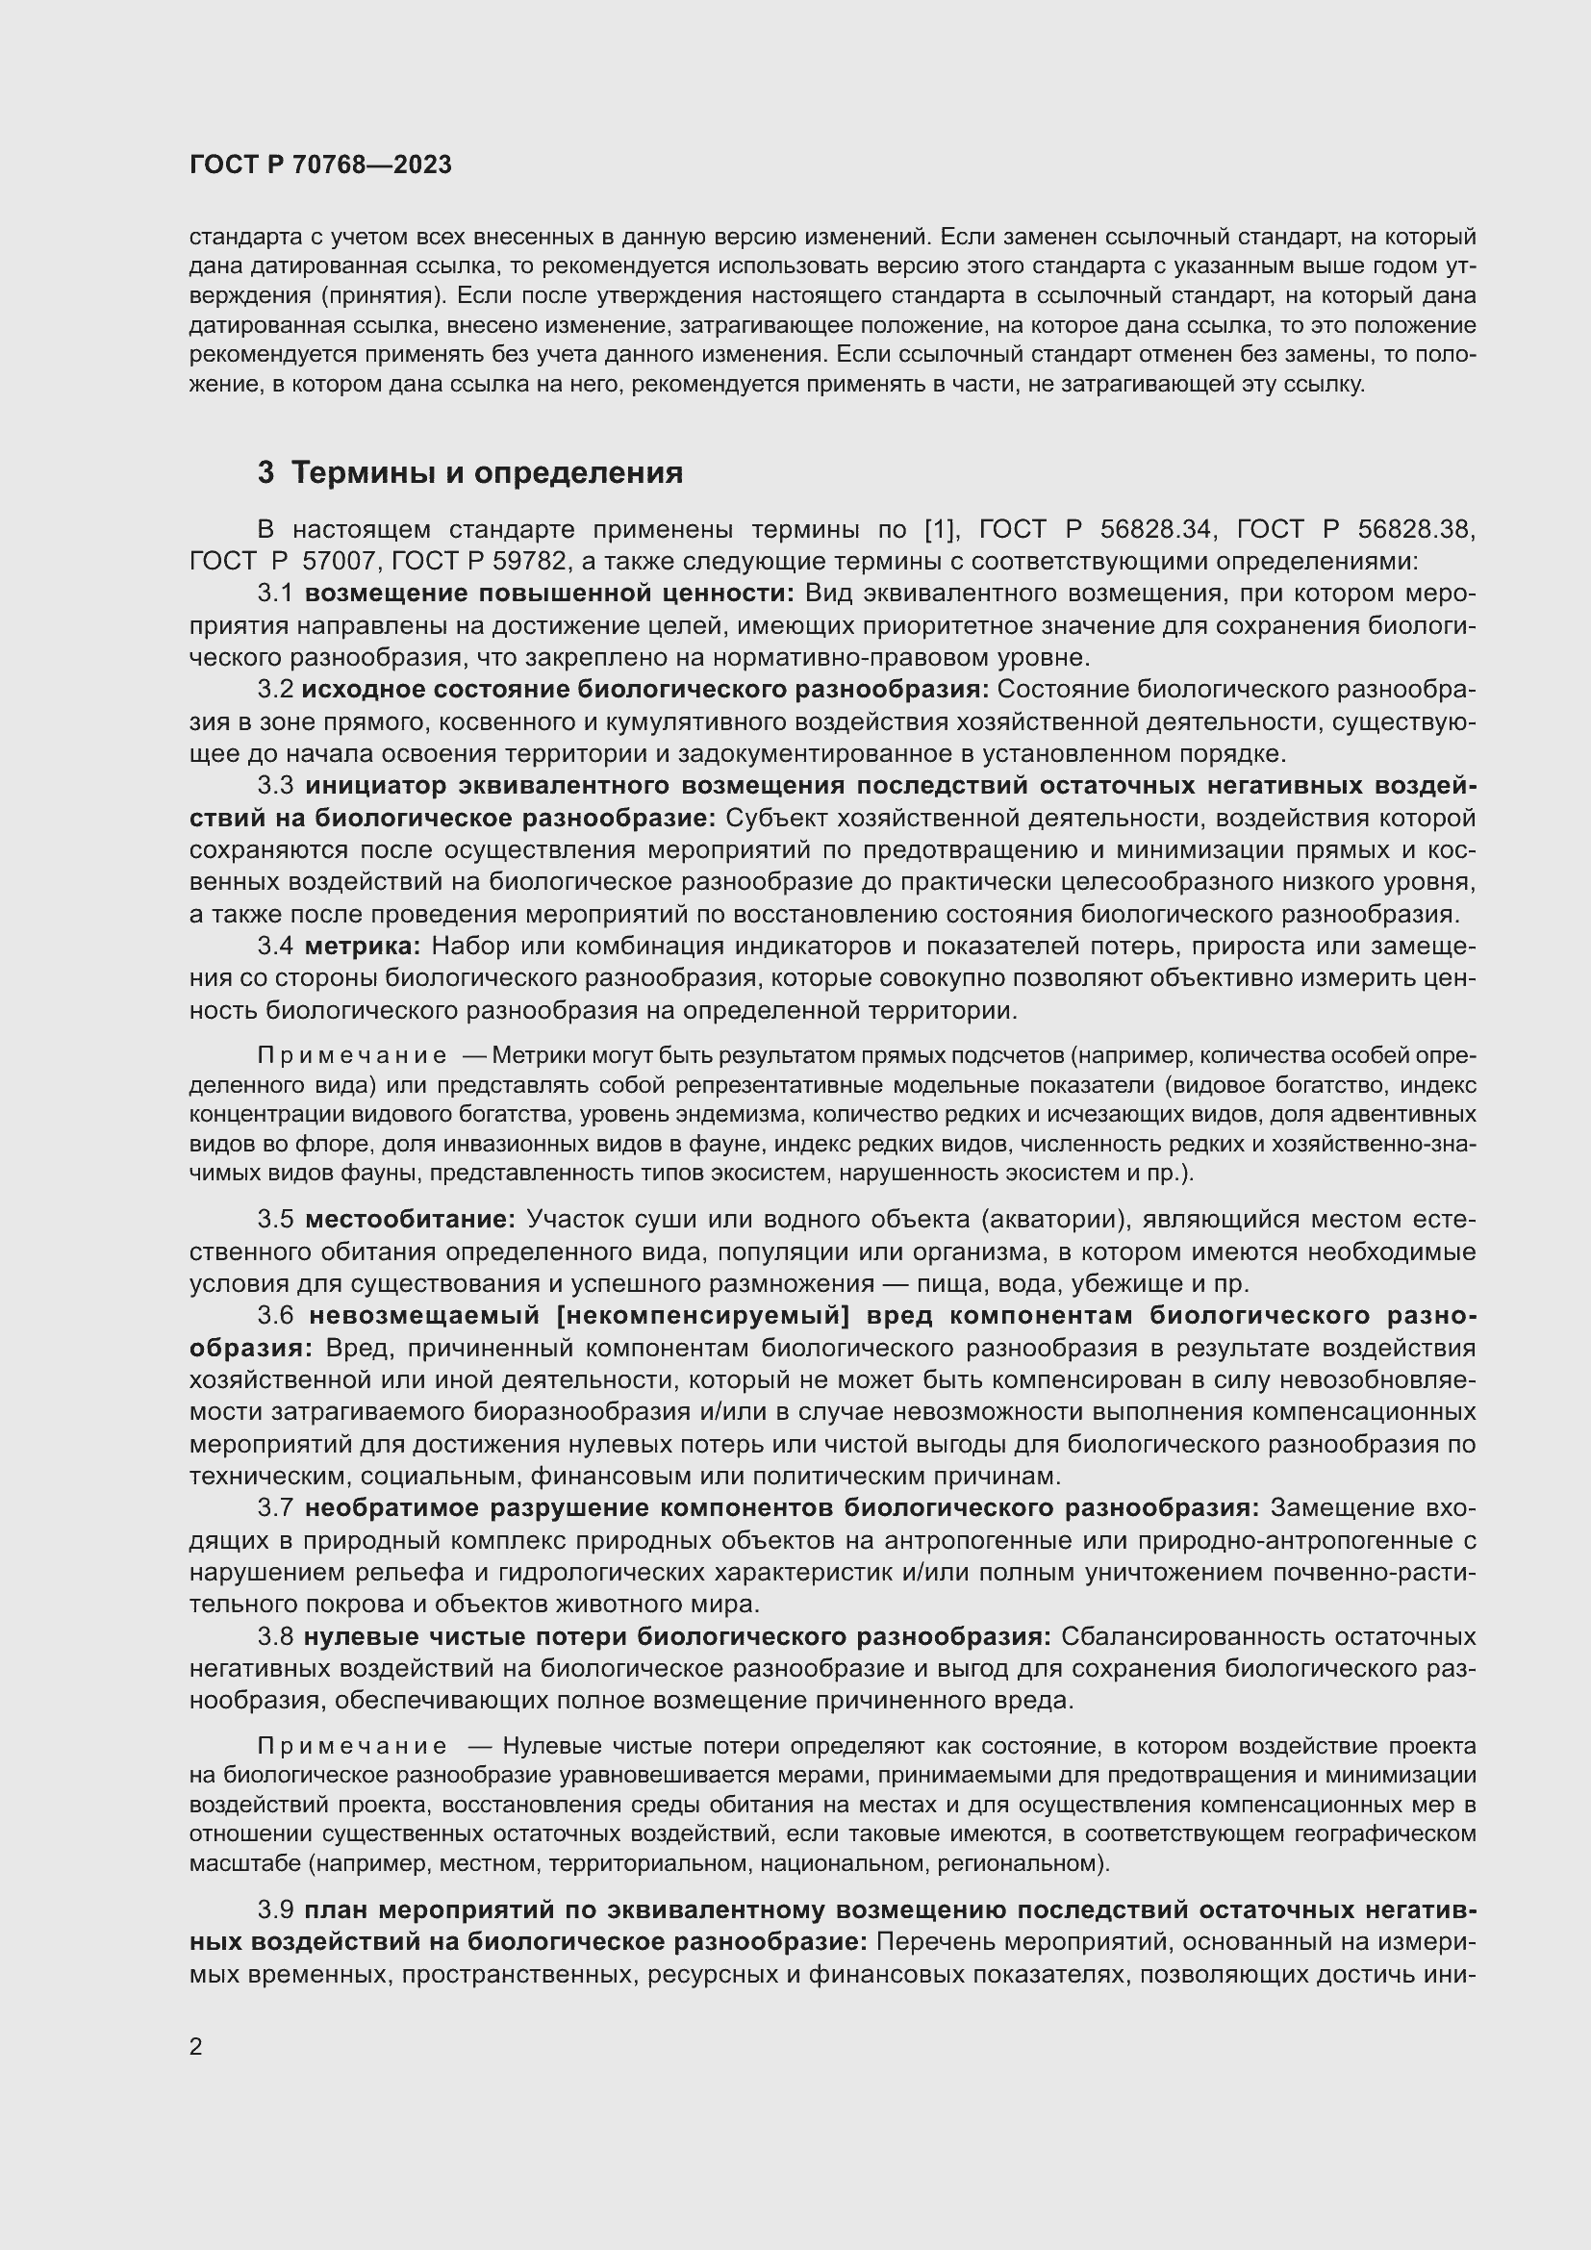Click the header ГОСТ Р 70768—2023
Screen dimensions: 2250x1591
click(x=320, y=164)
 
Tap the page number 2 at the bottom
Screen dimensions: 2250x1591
click(x=196, y=2047)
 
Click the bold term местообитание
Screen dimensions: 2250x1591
click(x=410, y=1220)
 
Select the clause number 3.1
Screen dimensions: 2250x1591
click(x=275, y=594)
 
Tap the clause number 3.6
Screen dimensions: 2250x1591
click(x=275, y=1316)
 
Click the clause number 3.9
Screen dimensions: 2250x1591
click(x=275, y=1910)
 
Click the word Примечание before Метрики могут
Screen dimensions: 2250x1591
click(x=352, y=1056)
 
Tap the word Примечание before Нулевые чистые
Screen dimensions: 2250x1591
click(x=352, y=1746)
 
